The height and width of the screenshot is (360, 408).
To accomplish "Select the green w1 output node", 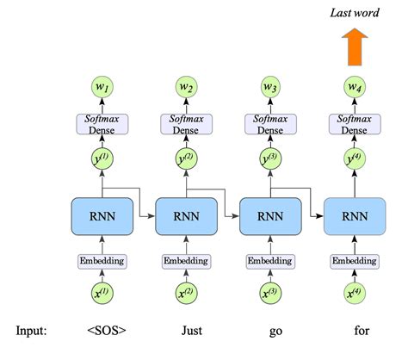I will click(102, 87).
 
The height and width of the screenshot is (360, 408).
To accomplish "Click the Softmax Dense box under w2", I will click(187, 124).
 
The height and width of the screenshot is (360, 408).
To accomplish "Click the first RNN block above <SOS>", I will click(102, 214).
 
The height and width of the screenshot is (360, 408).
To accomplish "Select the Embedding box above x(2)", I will click(187, 260).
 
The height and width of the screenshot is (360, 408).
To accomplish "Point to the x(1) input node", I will click(102, 295).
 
